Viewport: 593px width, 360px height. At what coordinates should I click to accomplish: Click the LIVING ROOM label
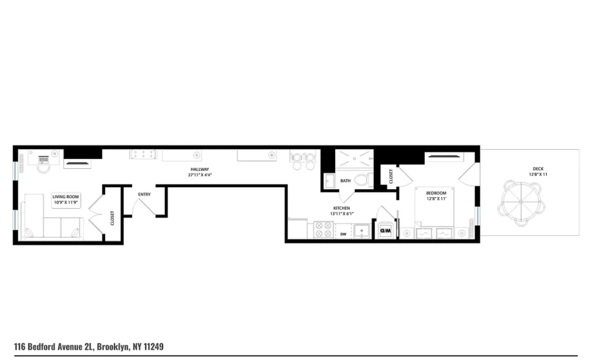tap(65, 196)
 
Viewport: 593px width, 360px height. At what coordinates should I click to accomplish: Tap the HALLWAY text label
tap(199, 169)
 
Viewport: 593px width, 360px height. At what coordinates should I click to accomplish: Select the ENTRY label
tap(144, 194)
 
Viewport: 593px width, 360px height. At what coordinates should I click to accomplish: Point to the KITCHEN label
tap(341, 208)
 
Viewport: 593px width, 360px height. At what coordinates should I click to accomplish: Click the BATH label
tap(345, 181)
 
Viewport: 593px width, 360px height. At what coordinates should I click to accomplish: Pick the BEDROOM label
tap(436, 193)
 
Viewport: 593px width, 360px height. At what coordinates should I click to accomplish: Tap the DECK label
tap(538, 169)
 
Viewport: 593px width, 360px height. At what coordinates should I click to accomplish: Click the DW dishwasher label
tap(344, 234)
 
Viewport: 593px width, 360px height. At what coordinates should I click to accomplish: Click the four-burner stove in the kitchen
tap(324, 229)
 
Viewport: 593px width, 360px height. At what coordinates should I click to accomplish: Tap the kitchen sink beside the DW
tap(361, 231)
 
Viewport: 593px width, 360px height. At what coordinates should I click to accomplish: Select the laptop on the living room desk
tap(43, 159)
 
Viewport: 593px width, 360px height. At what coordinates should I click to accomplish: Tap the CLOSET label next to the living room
tap(112, 218)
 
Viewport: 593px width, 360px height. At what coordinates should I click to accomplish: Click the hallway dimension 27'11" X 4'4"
tap(199, 174)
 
